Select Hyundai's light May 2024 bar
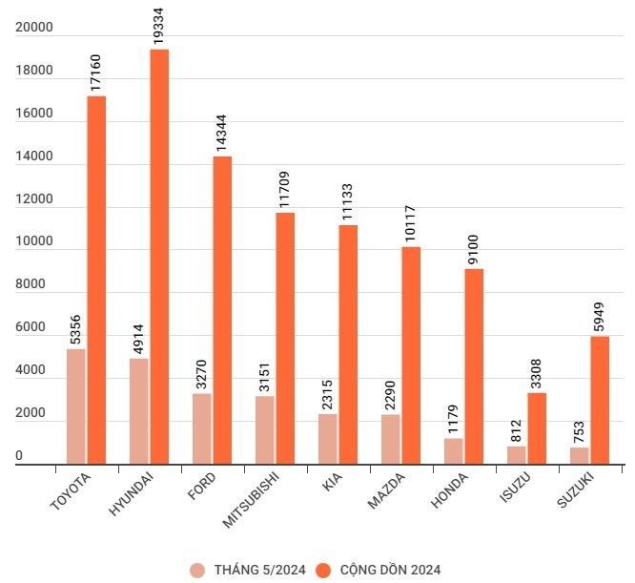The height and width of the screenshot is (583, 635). click(139, 411)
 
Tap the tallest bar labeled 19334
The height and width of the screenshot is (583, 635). click(159, 257)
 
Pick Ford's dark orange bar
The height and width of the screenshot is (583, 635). click(222, 310)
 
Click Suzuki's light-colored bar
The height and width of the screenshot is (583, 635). click(580, 455)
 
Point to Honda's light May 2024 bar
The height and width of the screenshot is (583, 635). click(454, 450)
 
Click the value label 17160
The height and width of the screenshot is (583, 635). click(96, 73)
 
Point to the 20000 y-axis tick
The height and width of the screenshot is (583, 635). click(33, 28)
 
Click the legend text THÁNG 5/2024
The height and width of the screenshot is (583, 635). click(259, 570)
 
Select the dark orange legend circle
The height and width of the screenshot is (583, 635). click(323, 570)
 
